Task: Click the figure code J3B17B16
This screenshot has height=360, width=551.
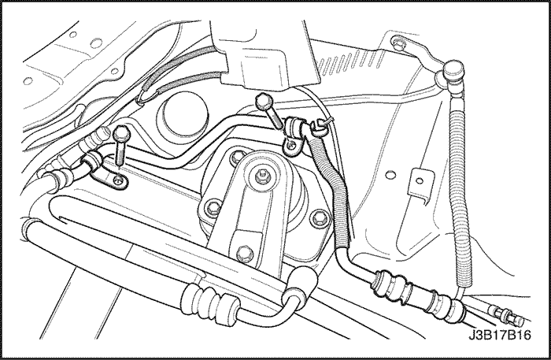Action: pyautogui.click(x=499, y=335)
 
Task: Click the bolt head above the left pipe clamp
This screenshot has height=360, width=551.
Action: pyautogui.click(x=121, y=132)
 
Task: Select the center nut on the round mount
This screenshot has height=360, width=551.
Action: pyautogui.click(x=262, y=173)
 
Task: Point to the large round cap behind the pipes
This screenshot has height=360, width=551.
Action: pyautogui.click(x=183, y=114)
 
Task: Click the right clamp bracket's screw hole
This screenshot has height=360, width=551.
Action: pyautogui.click(x=291, y=143)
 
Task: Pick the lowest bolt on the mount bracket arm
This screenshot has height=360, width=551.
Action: pyautogui.click(x=245, y=252)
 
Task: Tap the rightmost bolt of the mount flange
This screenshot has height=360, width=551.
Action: pyautogui.click(x=320, y=217)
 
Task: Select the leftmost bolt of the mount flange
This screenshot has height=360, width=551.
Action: pyautogui.click(x=213, y=207)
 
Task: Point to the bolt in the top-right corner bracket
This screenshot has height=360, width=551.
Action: pyautogui.click(x=398, y=43)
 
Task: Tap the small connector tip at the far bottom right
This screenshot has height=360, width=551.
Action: pyautogui.click(x=515, y=317)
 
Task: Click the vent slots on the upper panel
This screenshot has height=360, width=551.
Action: pyautogui.click(x=350, y=60)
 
